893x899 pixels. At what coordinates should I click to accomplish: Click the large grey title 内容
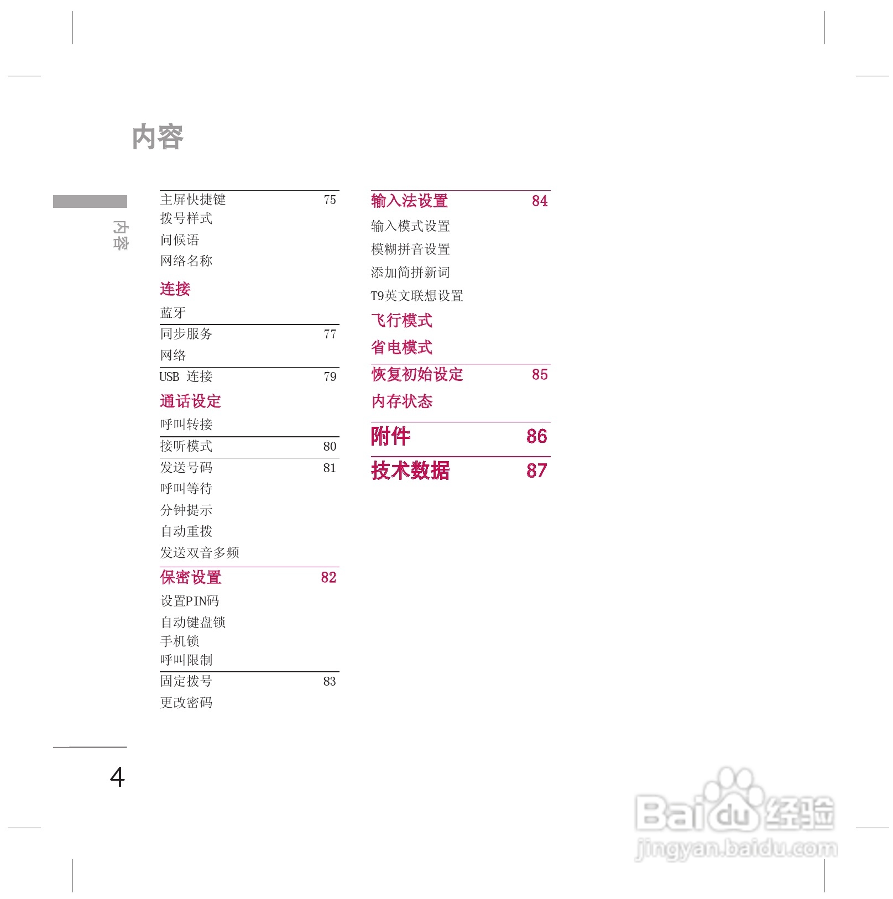point(158,137)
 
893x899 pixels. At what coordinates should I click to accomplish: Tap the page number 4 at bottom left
point(117,777)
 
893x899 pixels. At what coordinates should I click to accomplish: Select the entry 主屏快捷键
point(193,200)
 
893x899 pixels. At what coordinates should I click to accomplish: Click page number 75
point(330,200)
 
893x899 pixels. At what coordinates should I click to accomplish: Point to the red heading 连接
point(175,289)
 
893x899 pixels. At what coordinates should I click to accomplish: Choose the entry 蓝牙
point(173,313)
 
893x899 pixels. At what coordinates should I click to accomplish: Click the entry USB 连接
point(186,377)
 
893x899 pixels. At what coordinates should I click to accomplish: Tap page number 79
point(330,377)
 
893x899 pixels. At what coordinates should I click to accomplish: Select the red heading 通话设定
point(191,401)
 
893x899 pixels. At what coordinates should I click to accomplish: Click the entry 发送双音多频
point(200,552)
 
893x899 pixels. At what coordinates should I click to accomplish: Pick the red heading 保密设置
point(191,578)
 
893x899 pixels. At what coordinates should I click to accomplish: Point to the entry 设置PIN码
point(190,601)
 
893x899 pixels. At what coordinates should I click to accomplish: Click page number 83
point(330,682)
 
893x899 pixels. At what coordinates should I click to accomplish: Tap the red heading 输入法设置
point(409,201)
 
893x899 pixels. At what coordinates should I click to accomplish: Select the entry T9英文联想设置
point(417,296)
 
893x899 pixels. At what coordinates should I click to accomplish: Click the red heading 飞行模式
point(402,320)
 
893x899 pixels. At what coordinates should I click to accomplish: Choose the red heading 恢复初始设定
point(417,374)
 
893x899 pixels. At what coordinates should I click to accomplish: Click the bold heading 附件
point(391,436)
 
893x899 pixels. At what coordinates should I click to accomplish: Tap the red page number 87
point(536,471)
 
